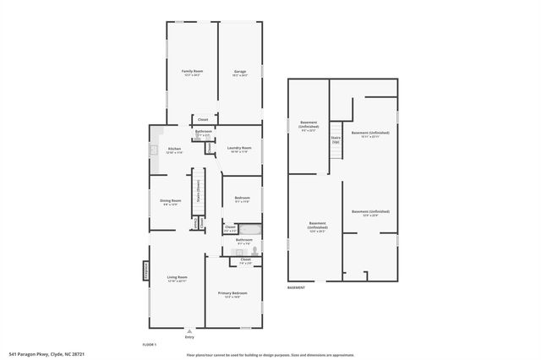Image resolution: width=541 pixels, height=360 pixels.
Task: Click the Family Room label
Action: [x=192, y=73]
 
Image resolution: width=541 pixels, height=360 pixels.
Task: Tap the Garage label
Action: [x=240, y=73]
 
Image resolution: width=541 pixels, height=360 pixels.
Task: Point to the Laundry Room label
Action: [x=240, y=150]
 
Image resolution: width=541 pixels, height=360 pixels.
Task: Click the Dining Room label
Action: [x=171, y=202]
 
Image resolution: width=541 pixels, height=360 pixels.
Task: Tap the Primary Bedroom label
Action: [x=232, y=294]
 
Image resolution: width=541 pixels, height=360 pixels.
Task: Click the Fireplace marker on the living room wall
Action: [x=145, y=273]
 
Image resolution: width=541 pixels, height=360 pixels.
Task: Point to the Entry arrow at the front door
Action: [x=189, y=332]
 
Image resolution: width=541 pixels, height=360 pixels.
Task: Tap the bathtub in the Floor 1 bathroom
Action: [x=249, y=228]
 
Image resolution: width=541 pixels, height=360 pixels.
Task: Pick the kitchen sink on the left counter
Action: [x=154, y=151]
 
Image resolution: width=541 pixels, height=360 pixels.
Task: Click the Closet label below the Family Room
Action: [x=203, y=120]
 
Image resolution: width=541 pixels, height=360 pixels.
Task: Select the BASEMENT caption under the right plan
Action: [x=297, y=287]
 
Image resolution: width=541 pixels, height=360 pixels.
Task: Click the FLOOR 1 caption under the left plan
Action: [x=150, y=345]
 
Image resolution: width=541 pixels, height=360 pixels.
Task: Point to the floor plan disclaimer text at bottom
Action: [x=270, y=355]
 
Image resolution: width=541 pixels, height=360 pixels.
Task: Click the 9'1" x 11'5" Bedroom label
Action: [x=242, y=200]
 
